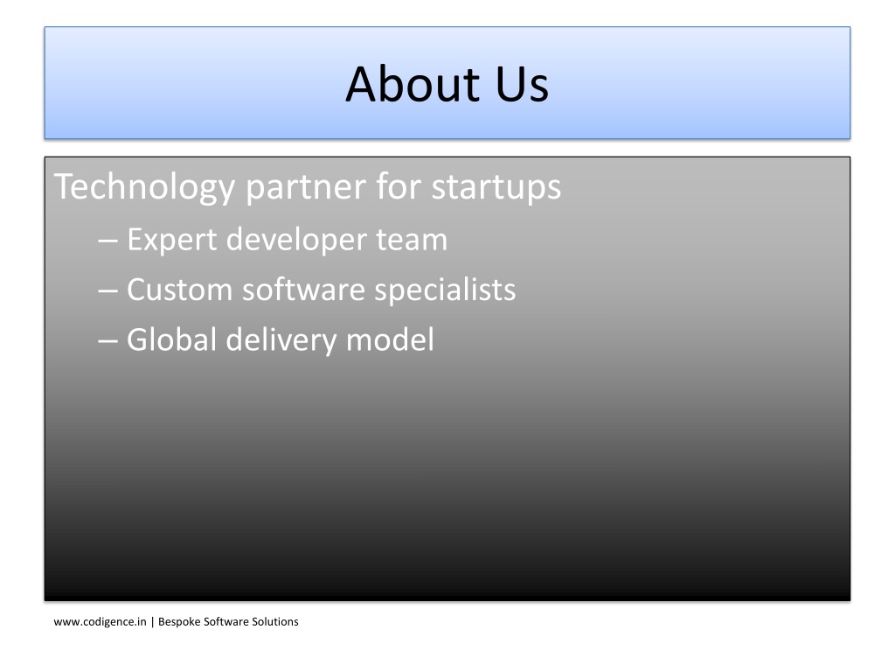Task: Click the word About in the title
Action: point(413,84)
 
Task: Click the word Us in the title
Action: point(522,85)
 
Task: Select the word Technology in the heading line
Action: point(144,187)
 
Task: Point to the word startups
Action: point(496,188)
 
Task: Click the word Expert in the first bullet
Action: point(172,240)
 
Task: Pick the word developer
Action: point(296,240)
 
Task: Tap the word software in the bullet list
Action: point(303,289)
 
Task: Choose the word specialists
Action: point(445,290)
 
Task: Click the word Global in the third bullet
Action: point(171,339)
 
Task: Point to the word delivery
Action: point(281,340)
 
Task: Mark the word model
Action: point(390,339)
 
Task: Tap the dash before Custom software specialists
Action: point(108,291)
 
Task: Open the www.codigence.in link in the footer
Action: point(100,622)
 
